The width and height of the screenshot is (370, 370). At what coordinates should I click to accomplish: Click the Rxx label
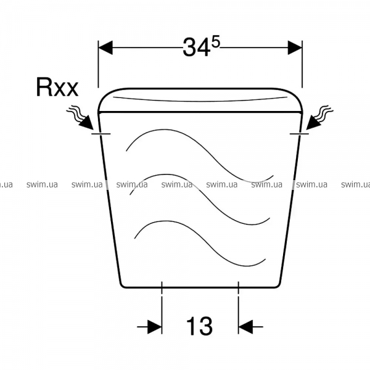pyautogui.click(x=57, y=87)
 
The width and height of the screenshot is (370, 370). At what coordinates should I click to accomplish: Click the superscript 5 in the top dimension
pyautogui.click(x=216, y=41)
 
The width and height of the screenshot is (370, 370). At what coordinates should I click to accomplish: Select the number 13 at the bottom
pyautogui.click(x=200, y=326)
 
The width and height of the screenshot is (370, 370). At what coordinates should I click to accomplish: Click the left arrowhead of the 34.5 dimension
pyautogui.click(x=105, y=47)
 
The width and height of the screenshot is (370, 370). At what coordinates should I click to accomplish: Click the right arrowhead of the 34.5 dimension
pyautogui.click(x=295, y=47)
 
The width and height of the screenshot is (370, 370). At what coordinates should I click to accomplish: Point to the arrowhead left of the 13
pyautogui.click(x=155, y=327)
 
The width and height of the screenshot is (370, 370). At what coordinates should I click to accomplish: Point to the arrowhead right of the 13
pyautogui.click(x=245, y=327)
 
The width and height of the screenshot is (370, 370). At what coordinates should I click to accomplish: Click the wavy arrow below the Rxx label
pyautogui.click(x=81, y=118)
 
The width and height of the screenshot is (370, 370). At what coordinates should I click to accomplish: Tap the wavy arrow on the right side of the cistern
pyautogui.click(x=319, y=118)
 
